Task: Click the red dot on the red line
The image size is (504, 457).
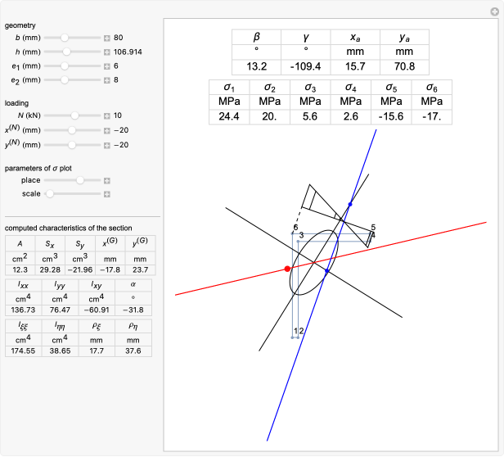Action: [x=287, y=269]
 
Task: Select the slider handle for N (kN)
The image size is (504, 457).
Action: [x=74, y=116]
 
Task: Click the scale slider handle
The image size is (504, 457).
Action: [x=49, y=194]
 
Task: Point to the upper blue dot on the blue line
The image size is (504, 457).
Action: [x=350, y=204]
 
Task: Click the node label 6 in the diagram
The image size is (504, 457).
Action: [x=295, y=228]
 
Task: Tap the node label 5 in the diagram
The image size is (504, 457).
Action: [x=372, y=227]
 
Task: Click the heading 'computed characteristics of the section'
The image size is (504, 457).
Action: [x=69, y=228]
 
